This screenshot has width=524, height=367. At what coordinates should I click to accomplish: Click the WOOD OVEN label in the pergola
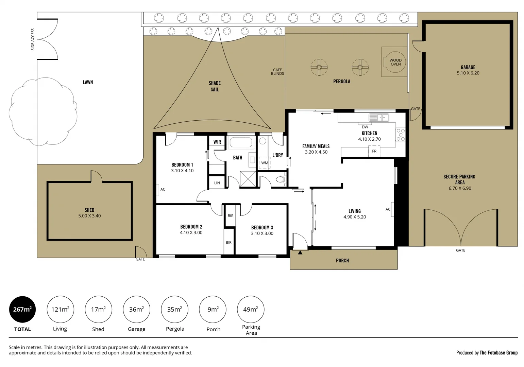[x=395, y=62]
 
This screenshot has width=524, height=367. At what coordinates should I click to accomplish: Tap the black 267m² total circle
[x=22, y=309]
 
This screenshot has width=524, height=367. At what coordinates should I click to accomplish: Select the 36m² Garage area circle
[x=136, y=309]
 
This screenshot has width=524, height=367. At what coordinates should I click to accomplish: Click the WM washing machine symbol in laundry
[x=265, y=163]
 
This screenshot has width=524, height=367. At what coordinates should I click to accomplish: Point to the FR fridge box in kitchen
[x=374, y=151]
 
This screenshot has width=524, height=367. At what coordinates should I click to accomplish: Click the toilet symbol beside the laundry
[x=280, y=179]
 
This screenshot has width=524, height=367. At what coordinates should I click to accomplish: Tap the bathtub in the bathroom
[x=241, y=142]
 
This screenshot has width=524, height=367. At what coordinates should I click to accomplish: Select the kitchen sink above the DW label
[x=379, y=118]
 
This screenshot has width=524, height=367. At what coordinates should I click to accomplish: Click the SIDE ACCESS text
[x=33, y=39]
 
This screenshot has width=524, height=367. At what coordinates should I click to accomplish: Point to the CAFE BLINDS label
[x=277, y=72]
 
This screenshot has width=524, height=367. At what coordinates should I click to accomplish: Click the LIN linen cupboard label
[x=217, y=183]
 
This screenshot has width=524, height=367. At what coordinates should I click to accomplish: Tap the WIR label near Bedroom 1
[x=217, y=142]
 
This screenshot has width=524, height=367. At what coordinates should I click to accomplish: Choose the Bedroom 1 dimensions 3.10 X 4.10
[x=182, y=171]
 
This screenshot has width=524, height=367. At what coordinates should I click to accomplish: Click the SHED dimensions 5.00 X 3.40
[x=89, y=216]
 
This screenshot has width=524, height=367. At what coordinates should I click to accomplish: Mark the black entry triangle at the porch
[x=300, y=252]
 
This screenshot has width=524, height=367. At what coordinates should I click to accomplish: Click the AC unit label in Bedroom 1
[x=163, y=189]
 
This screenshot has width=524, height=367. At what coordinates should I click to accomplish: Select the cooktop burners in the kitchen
[x=401, y=135]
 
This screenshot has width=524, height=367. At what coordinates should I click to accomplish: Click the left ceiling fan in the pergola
[x=319, y=67]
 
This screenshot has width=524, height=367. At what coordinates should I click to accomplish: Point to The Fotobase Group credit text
[x=498, y=353]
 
